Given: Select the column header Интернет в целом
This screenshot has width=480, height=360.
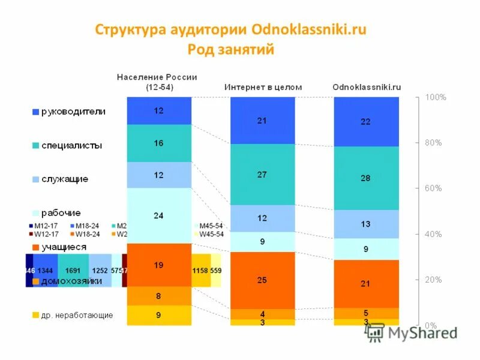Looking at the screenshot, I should (263, 87).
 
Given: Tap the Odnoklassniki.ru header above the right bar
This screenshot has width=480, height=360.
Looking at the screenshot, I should (367, 87).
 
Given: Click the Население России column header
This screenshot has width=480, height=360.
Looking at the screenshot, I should (157, 82).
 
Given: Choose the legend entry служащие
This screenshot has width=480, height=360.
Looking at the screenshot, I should (65, 179).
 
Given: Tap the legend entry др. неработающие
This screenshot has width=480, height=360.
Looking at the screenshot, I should (77, 315).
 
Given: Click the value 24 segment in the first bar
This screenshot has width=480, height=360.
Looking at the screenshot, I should (159, 215).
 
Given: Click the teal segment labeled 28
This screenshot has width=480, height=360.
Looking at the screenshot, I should (365, 178).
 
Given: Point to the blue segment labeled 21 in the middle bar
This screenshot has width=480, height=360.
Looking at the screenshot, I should (262, 121).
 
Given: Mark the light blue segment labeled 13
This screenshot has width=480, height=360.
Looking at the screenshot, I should (365, 224).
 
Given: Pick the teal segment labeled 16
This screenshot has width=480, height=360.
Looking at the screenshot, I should (159, 143).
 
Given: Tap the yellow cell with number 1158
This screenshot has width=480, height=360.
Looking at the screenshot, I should (200, 271).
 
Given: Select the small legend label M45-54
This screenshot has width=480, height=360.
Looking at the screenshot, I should (211, 226).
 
